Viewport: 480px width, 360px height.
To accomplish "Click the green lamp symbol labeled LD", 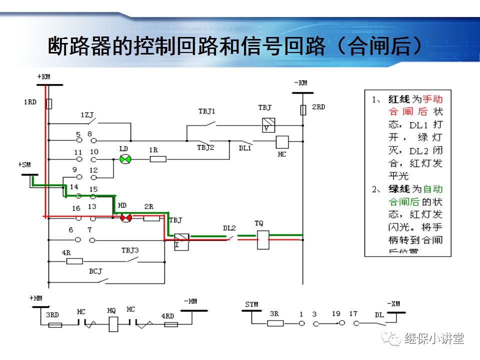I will [x=125, y=159].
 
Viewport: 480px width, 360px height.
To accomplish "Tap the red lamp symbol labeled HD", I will [x=125, y=217].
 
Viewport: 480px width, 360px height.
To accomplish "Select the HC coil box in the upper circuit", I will [x=282, y=142].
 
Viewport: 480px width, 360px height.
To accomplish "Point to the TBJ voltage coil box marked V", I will [x=269, y=125].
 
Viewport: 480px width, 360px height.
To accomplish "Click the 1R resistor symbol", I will [x=158, y=159].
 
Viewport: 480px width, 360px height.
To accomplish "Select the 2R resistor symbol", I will [x=151, y=218].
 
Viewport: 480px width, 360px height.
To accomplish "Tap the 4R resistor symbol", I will [x=74, y=261].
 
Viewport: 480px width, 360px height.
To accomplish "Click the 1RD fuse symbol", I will [x=48, y=103].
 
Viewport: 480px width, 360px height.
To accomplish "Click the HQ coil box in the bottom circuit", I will [x=113, y=324].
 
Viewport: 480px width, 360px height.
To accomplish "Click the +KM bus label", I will [x=43, y=76].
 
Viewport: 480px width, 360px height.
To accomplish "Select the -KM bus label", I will [x=300, y=82].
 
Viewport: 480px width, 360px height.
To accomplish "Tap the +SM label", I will [x=24, y=164].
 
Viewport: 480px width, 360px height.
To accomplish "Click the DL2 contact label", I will [x=229, y=228].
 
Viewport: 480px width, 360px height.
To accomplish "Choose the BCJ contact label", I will [x=95, y=271].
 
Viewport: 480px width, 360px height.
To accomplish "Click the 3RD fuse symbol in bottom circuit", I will [x=54, y=324].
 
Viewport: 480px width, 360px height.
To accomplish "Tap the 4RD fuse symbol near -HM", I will [x=170, y=324].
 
